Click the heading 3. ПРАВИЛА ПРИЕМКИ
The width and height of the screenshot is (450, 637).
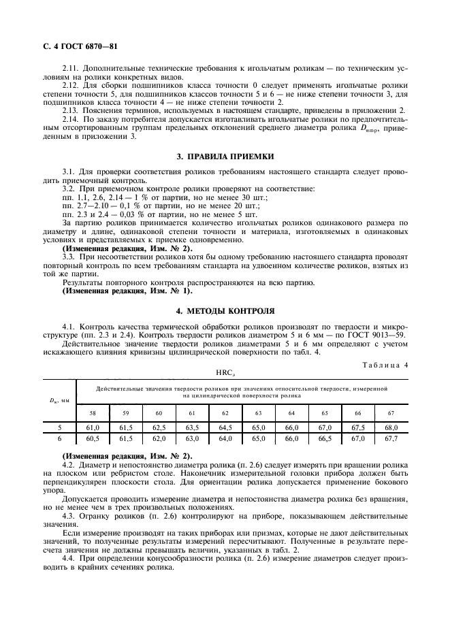click(x=225, y=156)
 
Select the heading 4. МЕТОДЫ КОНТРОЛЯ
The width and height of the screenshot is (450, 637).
click(x=225, y=311)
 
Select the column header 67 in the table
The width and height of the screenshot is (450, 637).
click(x=391, y=412)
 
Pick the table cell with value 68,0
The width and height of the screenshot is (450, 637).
click(x=391, y=427)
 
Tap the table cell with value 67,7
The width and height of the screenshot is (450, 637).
click(x=391, y=439)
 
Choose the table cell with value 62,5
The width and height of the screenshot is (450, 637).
click(x=158, y=427)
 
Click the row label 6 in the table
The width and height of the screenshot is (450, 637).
click(x=60, y=439)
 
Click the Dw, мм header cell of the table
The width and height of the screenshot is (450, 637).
click(x=60, y=400)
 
